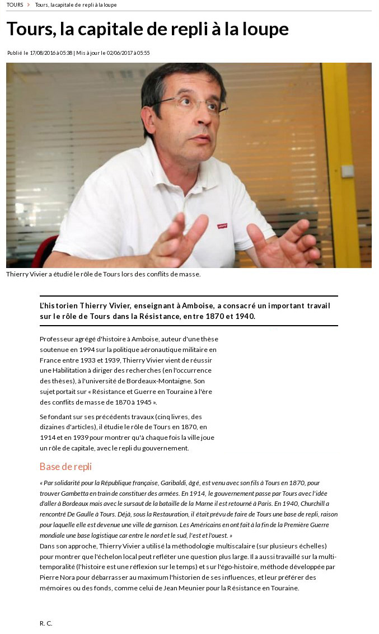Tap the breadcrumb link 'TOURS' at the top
pos(15,5)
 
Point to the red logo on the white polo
pos(222,226)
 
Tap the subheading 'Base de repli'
pos(65,466)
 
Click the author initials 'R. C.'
pos(46,623)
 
